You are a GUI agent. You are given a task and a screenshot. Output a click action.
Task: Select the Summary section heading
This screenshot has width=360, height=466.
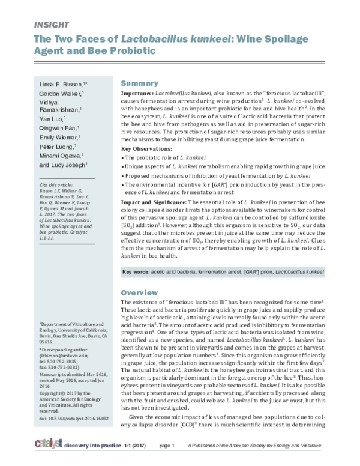click(140, 83)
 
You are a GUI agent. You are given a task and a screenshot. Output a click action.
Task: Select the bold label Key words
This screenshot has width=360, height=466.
click(136, 273)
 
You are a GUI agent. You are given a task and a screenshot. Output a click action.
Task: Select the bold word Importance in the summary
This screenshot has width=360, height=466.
click(137, 94)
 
